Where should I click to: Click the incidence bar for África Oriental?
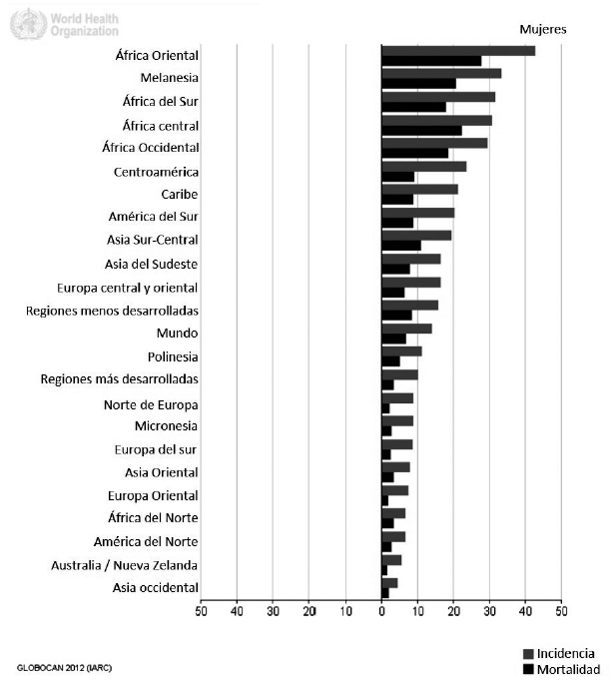pyautogui.click(x=458, y=51)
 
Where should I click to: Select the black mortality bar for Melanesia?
pyautogui.click(x=418, y=84)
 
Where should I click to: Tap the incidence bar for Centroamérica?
pyautogui.click(x=423, y=166)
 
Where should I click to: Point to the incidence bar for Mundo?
pyautogui.click(x=406, y=328)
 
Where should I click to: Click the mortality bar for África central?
pyautogui.click(x=421, y=131)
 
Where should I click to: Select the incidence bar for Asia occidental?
pyautogui.click(x=389, y=583)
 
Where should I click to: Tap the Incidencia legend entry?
pyautogui.click(x=558, y=653)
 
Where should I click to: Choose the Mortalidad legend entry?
pyautogui.click(x=558, y=669)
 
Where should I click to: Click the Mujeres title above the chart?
pyautogui.click(x=543, y=29)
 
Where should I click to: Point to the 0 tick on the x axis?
pyautogui.click(x=381, y=611)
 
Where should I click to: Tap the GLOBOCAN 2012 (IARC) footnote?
pyautogui.click(x=64, y=666)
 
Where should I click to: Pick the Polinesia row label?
pyautogui.click(x=172, y=356)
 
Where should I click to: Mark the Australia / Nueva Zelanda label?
pyautogui.click(x=125, y=565)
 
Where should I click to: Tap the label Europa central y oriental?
pyautogui.click(x=128, y=288)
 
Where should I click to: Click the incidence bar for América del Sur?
pyautogui.click(x=417, y=212)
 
